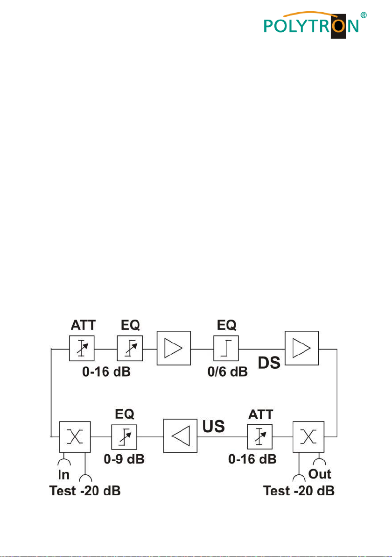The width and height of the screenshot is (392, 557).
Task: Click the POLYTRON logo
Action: point(311,24)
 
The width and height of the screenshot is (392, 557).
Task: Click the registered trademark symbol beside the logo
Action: point(363,15)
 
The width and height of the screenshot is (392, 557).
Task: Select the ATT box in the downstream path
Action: point(82,348)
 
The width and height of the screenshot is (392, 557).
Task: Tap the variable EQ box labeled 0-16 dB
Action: point(130,348)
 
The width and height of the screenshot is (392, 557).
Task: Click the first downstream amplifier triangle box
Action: point(174,348)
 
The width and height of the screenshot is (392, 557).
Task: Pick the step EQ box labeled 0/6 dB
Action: point(226,348)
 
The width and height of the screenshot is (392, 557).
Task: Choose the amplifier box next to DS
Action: point(302,348)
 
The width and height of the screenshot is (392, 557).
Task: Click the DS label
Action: point(269,363)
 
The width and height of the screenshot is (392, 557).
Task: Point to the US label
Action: point(214,426)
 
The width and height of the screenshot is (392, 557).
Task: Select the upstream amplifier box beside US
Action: point(180,436)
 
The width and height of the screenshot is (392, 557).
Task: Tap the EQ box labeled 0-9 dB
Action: point(124,436)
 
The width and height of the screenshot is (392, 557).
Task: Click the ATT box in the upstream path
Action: point(260,436)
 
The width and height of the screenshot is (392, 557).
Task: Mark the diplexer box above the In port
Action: point(75,437)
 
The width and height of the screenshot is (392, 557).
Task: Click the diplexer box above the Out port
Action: point(308,437)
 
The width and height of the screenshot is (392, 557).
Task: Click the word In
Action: point(64,475)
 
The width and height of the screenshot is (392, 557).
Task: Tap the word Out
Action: point(320,474)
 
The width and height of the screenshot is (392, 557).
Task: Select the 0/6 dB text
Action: point(227,371)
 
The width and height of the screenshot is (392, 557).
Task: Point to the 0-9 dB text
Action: point(124,459)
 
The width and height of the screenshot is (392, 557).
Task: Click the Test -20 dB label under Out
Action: point(299,491)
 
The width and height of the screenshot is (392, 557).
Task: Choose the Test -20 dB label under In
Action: point(85,491)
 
